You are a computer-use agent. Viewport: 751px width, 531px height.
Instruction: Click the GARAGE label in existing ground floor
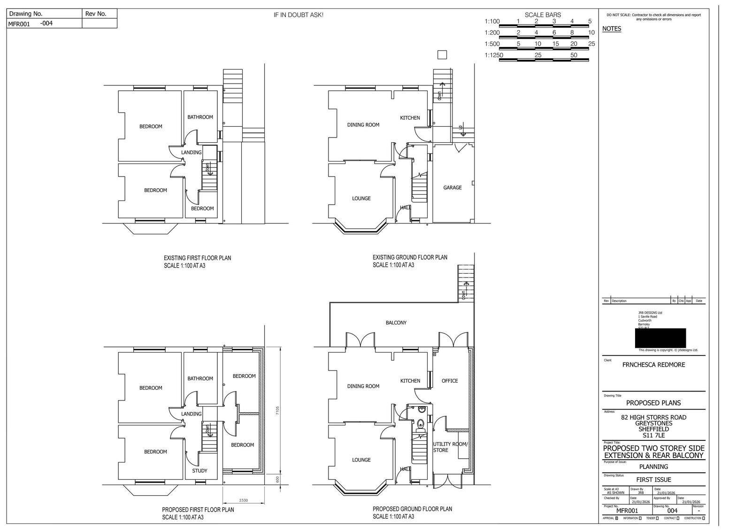pyautogui.click(x=452, y=187)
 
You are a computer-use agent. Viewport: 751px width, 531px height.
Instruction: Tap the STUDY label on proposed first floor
pyautogui.click(x=199, y=470)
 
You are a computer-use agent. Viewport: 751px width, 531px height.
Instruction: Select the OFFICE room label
pyautogui.click(x=450, y=381)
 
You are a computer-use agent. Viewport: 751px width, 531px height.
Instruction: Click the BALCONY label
pyautogui.click(x=396, y=323)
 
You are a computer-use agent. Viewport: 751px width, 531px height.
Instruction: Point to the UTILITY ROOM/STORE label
pyautogui.click(x=450, y=447)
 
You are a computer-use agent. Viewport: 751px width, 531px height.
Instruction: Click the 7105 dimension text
pyautogui.click(x=277, y=411)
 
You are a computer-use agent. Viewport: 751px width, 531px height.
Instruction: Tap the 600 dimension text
pyautogui.click(x=277, y=479)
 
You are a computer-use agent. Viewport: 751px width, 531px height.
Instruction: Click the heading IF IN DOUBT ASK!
pyautogui.click(x=299, y=15)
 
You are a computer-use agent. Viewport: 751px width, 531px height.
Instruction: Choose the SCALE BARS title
pyautogui.click(x=543, y=15)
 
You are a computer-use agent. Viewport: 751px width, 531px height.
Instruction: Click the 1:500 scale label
pyautogui.click(x=492, y=44)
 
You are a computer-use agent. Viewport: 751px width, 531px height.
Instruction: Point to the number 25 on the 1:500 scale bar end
pyautogui.click(x=591, y=44)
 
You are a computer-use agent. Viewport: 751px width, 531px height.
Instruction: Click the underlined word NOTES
pyautogui.click(x=612, y=29)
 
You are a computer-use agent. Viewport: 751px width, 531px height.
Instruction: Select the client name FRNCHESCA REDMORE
pyautogui.click(x=653, y=364)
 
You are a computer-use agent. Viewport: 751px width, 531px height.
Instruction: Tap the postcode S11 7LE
pyautogui.click(x=653, y=435)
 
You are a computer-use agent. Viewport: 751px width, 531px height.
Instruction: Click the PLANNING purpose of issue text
pyautogui.click(x=653, y=467)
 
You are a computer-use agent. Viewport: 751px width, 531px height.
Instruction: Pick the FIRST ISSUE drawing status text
pyautogui.click(x=653, y=479)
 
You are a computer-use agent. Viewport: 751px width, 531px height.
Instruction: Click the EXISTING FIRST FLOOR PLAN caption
pyautogui.click(x=197, y=258)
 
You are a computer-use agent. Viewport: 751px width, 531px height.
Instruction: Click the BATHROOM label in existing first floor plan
pyautogui.click(x=200, y=117)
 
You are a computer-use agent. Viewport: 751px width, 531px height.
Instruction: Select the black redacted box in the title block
pyautogui.click(x=660, y=338)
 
